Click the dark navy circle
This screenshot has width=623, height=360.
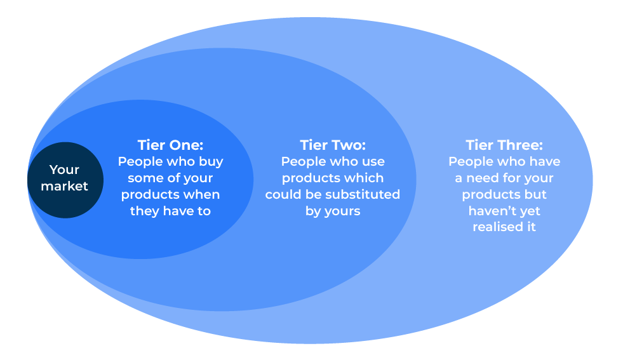tap(65, 180)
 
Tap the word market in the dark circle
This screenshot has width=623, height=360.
tap(64, 186)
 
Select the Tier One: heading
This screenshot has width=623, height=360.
tap(170, 145)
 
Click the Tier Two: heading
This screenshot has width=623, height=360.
tap(333, 145)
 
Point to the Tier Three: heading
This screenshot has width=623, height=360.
tap(504, 145)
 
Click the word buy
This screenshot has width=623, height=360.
tap(210, 162)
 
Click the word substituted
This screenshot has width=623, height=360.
tap(363, 194)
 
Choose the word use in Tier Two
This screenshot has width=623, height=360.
tap(373, 162)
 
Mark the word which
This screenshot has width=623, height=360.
tap(366, 178)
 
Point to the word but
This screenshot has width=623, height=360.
tap(537, 194)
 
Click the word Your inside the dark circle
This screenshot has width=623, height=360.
tap(64, 170)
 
